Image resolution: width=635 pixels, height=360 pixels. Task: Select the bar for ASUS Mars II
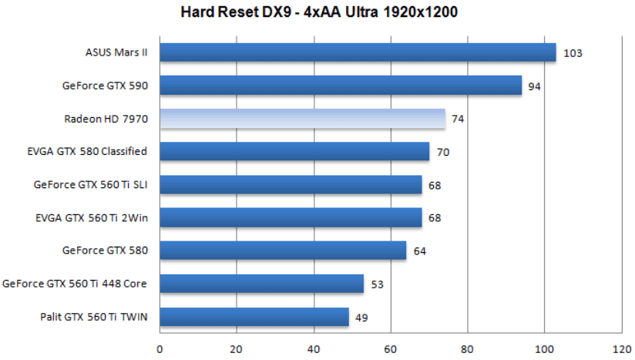click(358, 52)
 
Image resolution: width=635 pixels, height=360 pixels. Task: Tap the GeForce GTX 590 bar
click(341, 86)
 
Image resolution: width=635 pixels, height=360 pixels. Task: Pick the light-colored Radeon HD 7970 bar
click(302, 119)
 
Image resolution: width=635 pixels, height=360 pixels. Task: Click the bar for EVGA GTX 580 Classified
click(294, 152)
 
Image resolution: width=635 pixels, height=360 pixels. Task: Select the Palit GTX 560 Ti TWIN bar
click(254, 317)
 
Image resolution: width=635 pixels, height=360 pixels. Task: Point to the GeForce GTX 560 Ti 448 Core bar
click(262, 284)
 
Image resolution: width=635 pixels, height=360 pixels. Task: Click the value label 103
click(573, 53)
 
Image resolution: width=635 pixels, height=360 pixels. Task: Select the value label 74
click(458, 119)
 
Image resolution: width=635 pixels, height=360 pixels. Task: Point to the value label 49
click(361, 317)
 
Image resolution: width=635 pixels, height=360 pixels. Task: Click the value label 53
click(377, 284)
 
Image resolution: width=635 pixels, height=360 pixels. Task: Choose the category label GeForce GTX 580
click(105, 251)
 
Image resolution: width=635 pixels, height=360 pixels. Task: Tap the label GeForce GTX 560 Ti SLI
click(90, 185)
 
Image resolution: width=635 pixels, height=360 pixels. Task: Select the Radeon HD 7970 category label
click(106, 119)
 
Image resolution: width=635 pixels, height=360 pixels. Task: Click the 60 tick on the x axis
click(391, 348)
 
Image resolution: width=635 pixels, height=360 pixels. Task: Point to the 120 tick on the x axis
click(621, 348)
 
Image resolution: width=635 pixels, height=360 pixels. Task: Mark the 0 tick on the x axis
click(160, 348)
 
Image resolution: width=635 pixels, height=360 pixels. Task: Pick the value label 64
click(419, 251)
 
